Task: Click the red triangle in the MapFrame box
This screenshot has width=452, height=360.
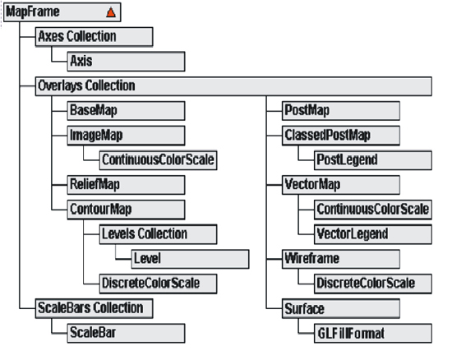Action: (111, 12)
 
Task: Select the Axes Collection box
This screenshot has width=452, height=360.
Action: (94, 37)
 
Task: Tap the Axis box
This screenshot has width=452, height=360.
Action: (126, 62)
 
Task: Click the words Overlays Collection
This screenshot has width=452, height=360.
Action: (86, 86)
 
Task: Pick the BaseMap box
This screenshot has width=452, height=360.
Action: (126, 111)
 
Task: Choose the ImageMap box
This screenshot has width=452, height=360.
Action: (126, 136)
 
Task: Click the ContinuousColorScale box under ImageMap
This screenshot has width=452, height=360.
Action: (159, 160)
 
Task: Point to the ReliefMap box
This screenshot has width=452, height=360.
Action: (126, 185)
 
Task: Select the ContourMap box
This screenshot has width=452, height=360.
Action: (126, 210)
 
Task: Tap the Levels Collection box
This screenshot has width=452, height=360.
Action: (159, 234)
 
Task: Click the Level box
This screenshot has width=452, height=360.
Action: (191, 259)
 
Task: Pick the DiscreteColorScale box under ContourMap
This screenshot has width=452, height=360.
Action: (159, 284)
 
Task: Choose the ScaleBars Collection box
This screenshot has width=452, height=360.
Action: (94, 309)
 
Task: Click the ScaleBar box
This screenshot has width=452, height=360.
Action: (126, 334)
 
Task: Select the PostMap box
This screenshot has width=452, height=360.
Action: (341, 111)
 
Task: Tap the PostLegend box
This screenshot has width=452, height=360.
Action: (373, 160)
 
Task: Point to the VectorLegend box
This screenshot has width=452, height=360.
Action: (373, 234)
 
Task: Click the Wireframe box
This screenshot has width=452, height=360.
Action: (341, 259)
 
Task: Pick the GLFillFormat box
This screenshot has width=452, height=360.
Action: (373, 334)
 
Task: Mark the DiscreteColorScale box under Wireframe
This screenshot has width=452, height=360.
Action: (373, 284)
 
